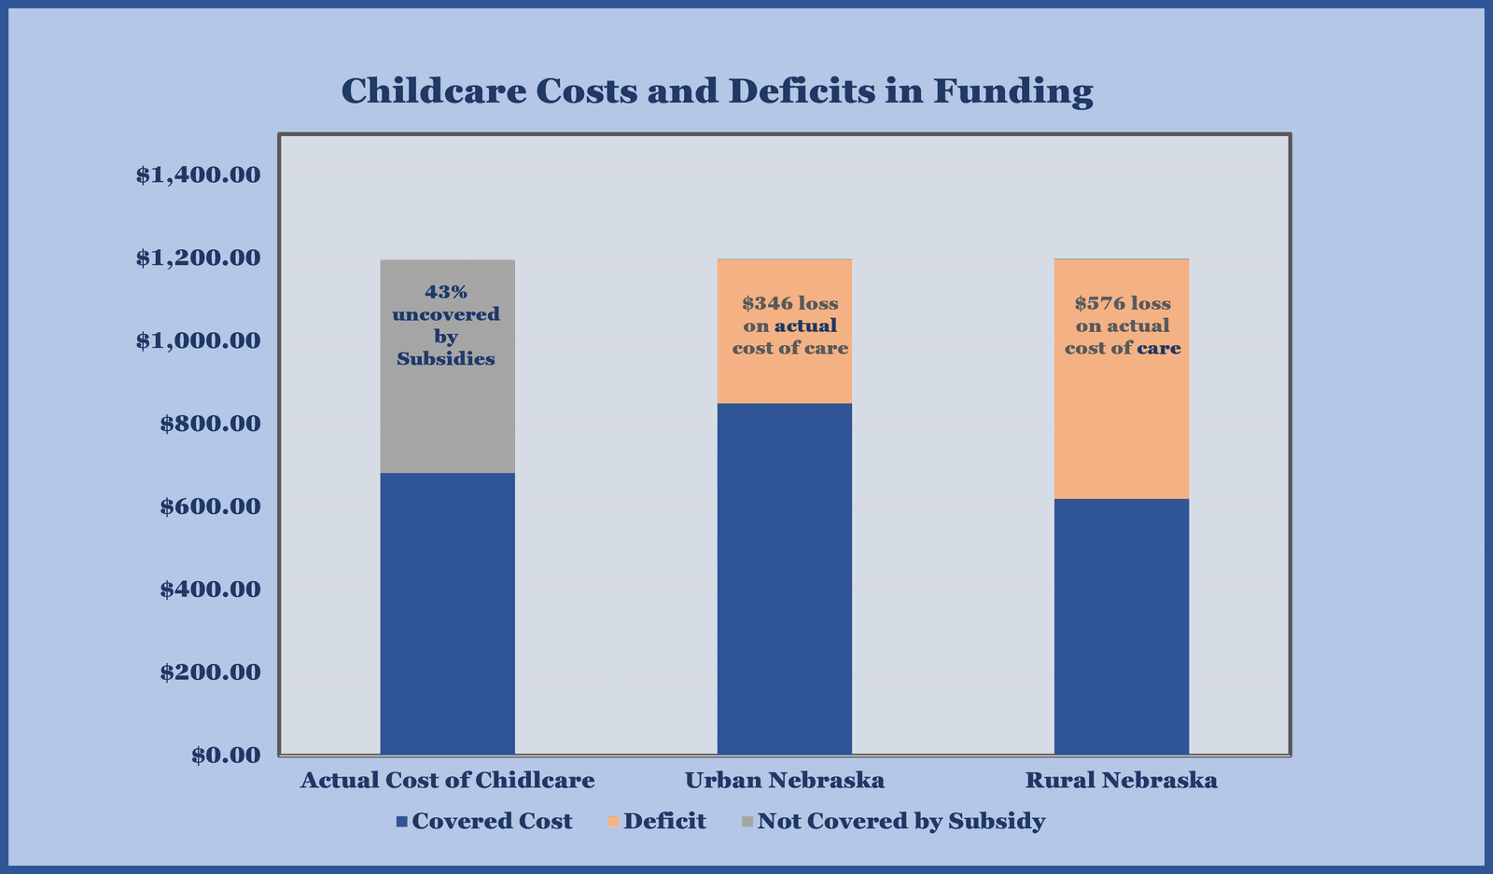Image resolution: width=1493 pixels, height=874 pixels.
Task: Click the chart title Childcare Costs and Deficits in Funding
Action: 717,91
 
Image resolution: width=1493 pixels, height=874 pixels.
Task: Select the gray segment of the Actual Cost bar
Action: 447,420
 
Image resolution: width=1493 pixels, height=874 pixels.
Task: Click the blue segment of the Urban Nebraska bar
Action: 784,578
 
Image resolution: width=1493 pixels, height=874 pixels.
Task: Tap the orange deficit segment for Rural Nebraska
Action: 1121,429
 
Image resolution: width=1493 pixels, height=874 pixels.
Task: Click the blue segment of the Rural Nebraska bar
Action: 1121,625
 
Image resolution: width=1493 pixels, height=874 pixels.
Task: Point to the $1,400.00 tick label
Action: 197,174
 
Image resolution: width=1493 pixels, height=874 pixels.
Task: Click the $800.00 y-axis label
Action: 209,423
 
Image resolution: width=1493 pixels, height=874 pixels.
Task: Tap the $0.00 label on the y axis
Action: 225,755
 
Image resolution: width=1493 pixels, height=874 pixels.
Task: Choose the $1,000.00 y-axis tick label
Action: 197,340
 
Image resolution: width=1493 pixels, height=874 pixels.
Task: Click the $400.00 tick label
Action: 209,590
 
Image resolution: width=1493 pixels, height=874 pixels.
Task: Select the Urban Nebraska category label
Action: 784,780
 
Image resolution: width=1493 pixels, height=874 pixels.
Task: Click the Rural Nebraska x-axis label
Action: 1121,780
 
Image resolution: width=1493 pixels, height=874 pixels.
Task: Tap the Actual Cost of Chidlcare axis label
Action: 447,780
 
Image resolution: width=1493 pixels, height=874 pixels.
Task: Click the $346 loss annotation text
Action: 789,304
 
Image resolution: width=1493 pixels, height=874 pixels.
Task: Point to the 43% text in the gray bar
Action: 446,292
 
